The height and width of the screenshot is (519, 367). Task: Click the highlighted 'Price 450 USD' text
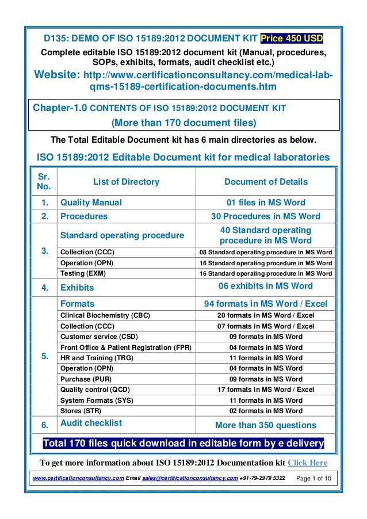(292, 39)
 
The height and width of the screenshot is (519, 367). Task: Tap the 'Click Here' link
(307, 463)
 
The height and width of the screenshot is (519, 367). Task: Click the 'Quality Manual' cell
(91, 203)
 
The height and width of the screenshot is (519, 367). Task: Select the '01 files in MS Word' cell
(265, 203)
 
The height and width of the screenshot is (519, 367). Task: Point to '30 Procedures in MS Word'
(265, 216)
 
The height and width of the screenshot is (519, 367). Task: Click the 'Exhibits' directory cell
(77, 287)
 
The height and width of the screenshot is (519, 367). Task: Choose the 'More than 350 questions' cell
(265, 425)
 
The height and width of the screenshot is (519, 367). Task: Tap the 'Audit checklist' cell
(91, 422)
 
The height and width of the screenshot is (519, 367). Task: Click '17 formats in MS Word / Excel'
(265, 390)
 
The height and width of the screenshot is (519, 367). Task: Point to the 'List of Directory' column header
(126, 182)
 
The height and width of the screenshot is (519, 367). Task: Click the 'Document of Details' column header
(265, 182)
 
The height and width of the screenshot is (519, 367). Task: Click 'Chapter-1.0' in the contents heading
(60, 108)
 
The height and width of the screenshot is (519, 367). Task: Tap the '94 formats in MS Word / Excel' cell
(265, 303)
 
